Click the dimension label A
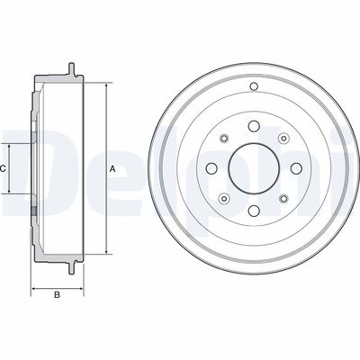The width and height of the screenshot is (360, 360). [112, 169]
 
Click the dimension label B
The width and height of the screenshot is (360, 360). [57, 295]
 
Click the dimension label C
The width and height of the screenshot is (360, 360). [3, 169]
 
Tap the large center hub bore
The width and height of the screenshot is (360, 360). [254, 168]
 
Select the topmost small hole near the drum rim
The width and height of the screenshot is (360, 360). [254, 86]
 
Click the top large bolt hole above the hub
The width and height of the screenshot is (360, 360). [254, 126]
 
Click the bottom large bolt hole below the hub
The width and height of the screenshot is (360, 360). [254, 211]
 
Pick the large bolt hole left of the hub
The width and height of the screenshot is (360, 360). [212, 168]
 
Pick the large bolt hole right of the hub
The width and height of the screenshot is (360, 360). [296, 168]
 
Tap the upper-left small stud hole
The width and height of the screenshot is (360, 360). [224, 139]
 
